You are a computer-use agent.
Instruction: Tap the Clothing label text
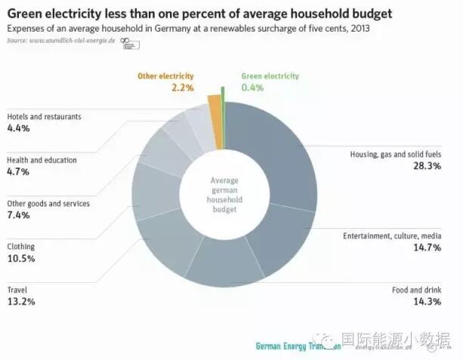pyautogui.click(x=22, y=246)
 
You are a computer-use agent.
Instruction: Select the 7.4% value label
pyautogui.click(x=18, y=215)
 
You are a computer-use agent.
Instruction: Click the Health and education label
pyautogui.click(x=42, y=160)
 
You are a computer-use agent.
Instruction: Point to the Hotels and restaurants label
pyautogui.click(x=44, y=117)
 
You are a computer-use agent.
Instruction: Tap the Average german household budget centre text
pyautogui.click(x=224, y=194)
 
